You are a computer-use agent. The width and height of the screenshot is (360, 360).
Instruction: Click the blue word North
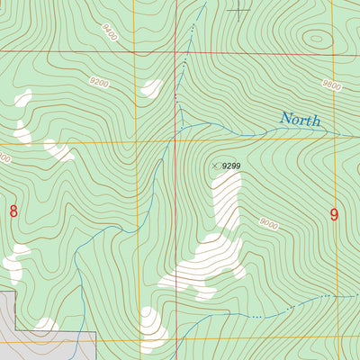(300, 119)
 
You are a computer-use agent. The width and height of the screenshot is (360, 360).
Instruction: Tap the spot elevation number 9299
(232, 166)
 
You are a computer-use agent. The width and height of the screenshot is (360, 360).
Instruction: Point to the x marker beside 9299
(215, 166)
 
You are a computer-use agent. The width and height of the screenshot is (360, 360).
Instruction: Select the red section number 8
(13, 211)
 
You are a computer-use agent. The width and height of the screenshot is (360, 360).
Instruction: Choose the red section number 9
(334, 215)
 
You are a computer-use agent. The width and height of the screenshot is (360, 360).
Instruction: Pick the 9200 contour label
(98, 83)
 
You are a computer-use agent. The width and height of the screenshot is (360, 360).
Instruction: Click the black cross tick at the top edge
(238, 10)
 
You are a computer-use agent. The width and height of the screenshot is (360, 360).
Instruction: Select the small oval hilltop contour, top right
(317, 39)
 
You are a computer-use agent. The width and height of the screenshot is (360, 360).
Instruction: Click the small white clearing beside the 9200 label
(151, 88)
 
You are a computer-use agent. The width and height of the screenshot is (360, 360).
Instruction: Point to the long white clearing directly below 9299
(227, 198)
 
